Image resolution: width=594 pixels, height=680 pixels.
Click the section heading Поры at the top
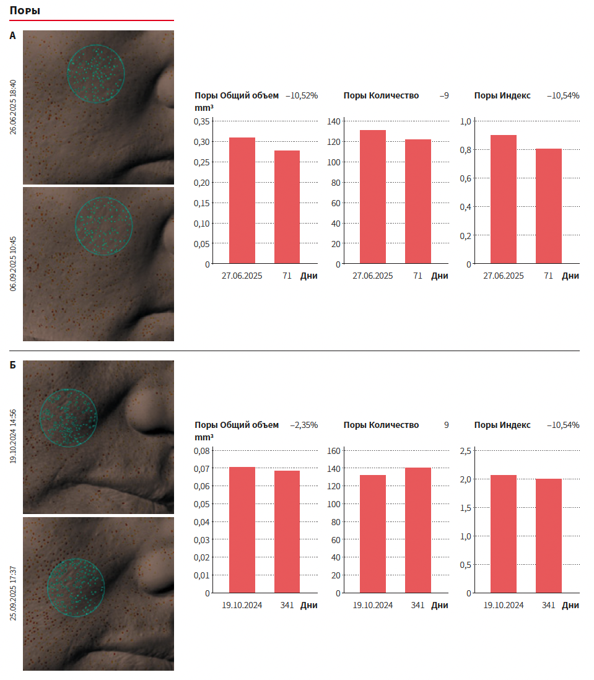coord(25,11)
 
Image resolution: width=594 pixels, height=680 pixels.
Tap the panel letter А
coord(12,36)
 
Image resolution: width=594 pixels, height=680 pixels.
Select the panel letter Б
coord(12,365)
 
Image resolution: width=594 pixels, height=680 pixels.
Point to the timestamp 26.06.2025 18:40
coord(13,107)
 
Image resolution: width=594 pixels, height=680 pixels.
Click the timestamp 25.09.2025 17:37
coord(13,594)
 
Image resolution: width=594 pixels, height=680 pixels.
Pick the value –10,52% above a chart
coord(302,95)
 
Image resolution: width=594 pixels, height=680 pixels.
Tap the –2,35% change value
coord(304,425)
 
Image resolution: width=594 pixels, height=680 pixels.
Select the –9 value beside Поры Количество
coord(444,95)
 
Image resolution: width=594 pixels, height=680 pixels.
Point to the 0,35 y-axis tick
coord(201,121)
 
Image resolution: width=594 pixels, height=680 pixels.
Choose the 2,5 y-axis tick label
coord(465,451)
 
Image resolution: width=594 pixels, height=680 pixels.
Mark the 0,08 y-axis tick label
coord(201,451)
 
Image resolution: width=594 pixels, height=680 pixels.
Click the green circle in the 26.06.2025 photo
coord(96,73)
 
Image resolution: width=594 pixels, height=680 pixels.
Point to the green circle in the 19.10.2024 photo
coord(68,418)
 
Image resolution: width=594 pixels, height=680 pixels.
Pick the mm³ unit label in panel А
coord(204,107)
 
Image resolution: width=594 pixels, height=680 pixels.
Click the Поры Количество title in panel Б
coord(381,425)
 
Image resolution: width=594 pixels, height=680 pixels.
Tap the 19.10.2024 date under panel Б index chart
coord(504,605)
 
